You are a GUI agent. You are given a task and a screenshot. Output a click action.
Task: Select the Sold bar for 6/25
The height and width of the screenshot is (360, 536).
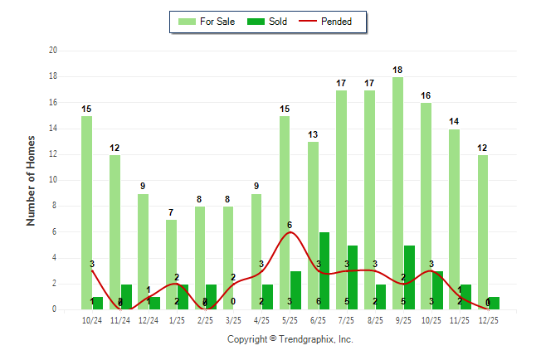pos(324,270)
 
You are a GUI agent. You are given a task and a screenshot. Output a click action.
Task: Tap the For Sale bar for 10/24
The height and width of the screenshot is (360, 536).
pos(86,212)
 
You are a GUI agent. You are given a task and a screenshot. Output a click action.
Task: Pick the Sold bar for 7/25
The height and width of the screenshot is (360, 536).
pos(352,277)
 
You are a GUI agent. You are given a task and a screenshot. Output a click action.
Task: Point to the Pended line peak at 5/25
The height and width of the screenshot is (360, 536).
pos(290,232)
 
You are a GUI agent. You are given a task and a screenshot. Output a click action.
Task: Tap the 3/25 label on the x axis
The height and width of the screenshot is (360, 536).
pos(233,319)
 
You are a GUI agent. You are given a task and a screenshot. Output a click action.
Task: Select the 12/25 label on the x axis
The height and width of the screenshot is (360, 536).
pos(488,319)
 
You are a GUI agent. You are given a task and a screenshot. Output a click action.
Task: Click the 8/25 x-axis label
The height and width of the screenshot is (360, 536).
pos(375,319)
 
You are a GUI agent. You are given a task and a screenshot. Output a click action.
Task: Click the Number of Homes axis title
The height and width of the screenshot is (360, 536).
pos(32,180)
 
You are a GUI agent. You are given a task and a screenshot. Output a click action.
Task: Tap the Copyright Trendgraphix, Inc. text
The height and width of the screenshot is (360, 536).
pos(290,339)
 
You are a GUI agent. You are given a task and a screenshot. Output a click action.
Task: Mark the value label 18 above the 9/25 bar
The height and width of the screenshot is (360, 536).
pos(397,71)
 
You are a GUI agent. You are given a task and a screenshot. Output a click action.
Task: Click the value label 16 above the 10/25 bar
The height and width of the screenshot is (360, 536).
pos(426,96)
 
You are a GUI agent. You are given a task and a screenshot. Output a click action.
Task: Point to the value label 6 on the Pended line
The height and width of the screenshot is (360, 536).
pos(290,225)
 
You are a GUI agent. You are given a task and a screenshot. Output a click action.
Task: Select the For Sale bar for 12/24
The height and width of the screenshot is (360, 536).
pos(143,251)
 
